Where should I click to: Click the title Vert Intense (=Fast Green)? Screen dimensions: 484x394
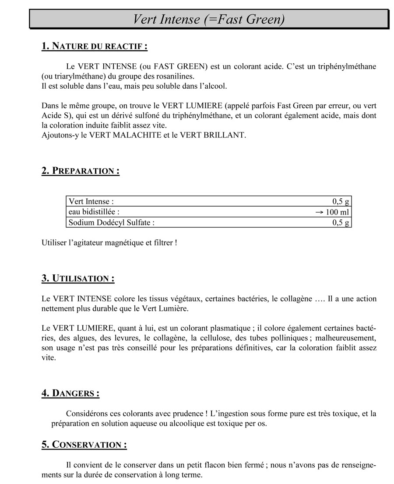click(209, 19)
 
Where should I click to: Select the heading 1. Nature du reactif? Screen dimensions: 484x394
click(94, 46)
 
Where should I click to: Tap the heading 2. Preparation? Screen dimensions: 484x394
click(81, 171)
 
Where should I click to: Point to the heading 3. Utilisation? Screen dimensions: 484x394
click(78, 278)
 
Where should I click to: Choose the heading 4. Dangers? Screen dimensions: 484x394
click(70, 393)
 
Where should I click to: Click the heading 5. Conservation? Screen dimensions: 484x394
click(84, 445)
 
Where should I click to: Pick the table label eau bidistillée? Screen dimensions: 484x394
click(94, 212)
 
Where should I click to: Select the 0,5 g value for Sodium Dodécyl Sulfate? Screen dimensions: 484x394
click(341, 223)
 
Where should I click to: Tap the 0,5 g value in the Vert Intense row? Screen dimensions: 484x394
click(341, 201)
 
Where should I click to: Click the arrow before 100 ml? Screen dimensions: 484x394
click(319, 212)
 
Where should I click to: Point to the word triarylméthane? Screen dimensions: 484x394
click(77, 76)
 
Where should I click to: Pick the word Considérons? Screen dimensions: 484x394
click(87, 413)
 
